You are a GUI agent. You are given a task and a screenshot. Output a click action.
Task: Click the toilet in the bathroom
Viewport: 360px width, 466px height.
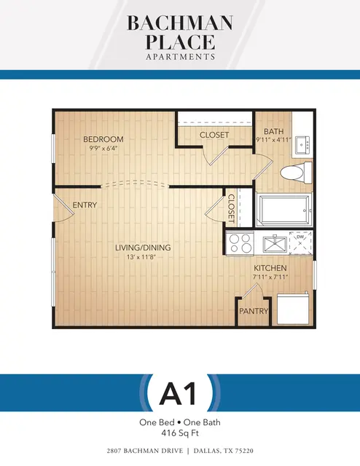pyautogui.click(x=296, y=173)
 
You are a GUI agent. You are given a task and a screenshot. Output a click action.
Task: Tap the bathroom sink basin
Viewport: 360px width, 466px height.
pyautogui.click(x=303, y=145)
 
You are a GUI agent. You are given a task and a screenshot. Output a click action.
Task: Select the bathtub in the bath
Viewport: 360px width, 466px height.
pyautogui.click(x=283, y=210)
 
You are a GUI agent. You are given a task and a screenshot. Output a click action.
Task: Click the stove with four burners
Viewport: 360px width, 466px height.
pyautogui.click(x=240, y=243)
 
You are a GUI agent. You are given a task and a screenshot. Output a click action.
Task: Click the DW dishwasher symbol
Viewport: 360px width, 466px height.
pyautogui.click(x=300, y=243)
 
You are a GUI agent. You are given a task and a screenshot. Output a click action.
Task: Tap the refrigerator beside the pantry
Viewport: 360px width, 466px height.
pyautogui.click(x=293, y=309)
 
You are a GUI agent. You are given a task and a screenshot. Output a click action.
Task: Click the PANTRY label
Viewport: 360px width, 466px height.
pyautogui.click(x=254, y=311)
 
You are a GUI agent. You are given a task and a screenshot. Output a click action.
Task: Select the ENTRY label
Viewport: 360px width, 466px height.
pyautogui.click(x=85, y=205)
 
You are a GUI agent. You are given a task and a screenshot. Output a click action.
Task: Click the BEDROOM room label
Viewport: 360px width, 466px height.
pyautogui.click(x=103, y=139)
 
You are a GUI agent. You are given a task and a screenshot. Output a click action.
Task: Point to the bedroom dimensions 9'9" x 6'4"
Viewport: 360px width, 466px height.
pyautogui.click(x=102, y=149)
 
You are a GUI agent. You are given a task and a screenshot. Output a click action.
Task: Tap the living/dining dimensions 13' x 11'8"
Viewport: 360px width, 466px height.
pyautogui.click(x=141, y=257)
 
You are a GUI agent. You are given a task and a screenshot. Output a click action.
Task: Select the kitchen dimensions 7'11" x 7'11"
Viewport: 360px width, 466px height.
pyautogui.click(x=270, y=277)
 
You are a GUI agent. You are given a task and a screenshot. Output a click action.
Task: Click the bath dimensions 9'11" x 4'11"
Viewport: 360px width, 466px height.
pyautogui.click(x=273, y=140)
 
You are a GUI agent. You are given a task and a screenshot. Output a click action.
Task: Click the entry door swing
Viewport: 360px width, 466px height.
pyautogui.click(x=63, y=208)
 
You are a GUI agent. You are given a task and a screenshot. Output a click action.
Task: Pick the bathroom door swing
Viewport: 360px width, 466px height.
pyautogui.click(x=263, y=167)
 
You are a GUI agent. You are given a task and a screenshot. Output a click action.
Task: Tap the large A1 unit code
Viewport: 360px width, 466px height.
pyautogui.click(x=179, y=393)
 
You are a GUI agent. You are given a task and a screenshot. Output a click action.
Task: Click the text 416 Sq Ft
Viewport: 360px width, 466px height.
pyautogui.click(x=180, y=433)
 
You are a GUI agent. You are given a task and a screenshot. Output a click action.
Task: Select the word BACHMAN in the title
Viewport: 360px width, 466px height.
pyautogui.click(x=180, y=23)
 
